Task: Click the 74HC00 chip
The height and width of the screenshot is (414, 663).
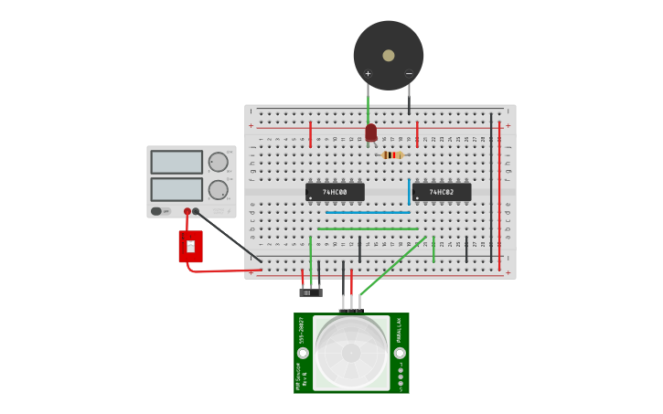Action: click(x=335, y=192)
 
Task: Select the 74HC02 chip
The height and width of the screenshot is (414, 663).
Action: click(x=442, y=192)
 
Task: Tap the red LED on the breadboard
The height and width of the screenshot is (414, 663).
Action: click(x=370, y=133)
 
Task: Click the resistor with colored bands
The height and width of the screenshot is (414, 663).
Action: click(x=392, y=155)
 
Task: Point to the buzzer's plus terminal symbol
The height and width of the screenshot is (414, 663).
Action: click(x=368, y=74)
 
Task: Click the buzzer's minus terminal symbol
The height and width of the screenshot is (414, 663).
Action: click(x=409, y=74)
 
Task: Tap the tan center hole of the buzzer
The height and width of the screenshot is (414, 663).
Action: click(x=389, y=56)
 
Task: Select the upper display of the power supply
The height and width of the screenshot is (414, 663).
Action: click(x=176, y=162)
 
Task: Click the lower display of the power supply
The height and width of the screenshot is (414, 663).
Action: click(x=176, y=189)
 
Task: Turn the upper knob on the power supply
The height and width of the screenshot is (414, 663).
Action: click(x=218, y=163)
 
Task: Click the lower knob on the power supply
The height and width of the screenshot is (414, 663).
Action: click(x=218, y=190)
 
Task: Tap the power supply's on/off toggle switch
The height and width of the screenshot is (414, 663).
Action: click(x=156, y=211)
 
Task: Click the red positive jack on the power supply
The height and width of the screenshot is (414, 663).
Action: click(x=187, y=211)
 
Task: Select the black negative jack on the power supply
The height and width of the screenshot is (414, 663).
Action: click(x=196, y=211)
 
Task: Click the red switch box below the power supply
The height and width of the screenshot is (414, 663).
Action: click(x=190, y=246)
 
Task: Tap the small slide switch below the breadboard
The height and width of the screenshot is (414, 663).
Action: click(x=311, y=292)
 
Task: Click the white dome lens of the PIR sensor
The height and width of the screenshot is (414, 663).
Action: click(x=351, y=353)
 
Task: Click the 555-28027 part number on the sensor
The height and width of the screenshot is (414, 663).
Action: click(x=302, y=330)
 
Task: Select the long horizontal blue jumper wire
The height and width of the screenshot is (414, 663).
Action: click(x=368, y=212)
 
